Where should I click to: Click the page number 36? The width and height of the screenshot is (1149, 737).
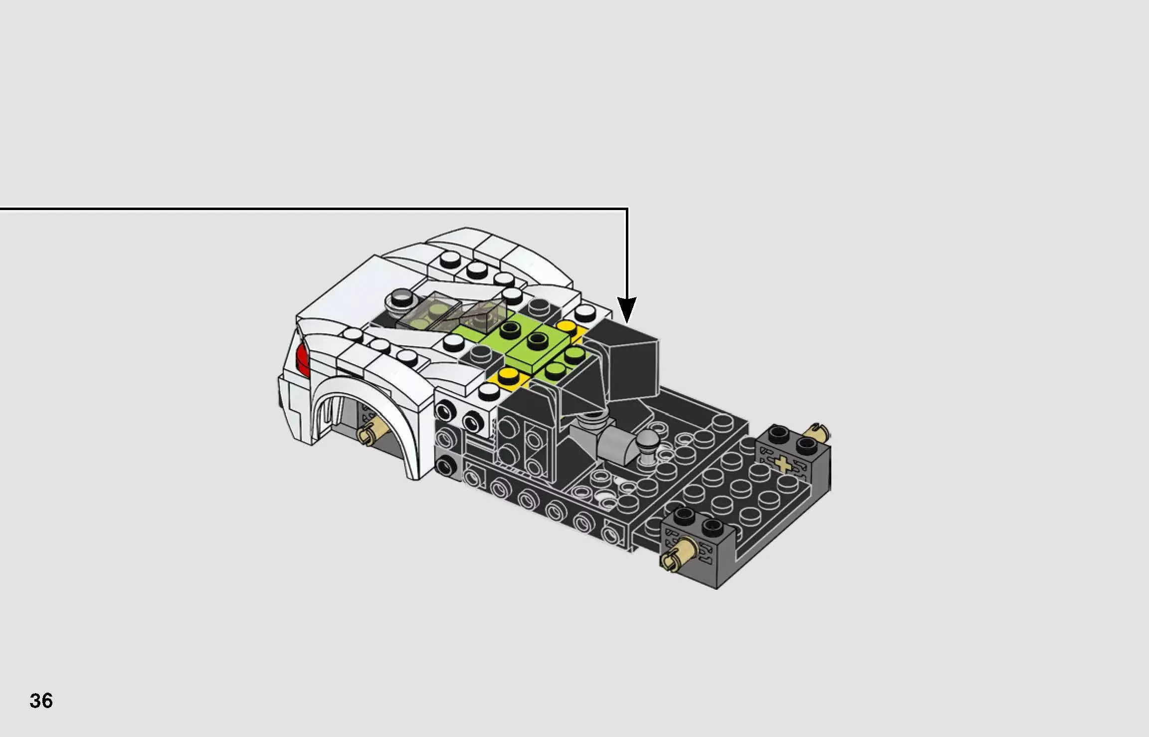(41, 701)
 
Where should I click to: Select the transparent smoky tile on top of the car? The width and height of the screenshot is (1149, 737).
(449, 312)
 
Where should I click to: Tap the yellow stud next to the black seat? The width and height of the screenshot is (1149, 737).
(567, 328)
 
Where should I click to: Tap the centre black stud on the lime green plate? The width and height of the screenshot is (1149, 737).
(537, 341)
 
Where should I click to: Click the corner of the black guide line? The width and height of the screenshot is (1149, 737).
(627, 209)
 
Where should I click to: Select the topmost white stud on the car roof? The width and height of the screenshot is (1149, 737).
(450, 258)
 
